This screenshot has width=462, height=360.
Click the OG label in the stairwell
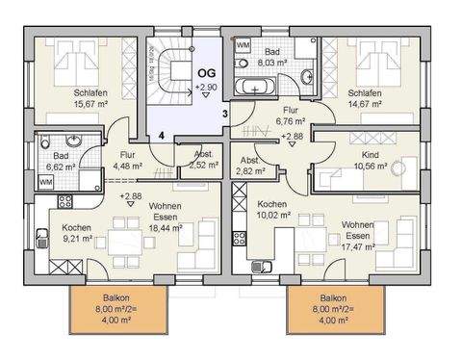point(205,72)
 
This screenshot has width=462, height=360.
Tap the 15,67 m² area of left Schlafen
point(90,106)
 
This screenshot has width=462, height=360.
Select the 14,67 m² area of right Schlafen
point(369,106)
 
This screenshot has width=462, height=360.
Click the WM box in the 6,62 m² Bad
point(45,181)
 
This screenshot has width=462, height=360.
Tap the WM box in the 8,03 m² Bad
point(244,45)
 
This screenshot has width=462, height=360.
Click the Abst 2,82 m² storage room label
point(250,166)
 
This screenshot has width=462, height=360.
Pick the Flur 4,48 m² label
point(126,160)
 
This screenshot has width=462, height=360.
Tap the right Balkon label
point(333,310)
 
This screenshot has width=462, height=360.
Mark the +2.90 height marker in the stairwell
point(205,87)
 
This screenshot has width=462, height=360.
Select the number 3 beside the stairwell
point(224,115)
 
